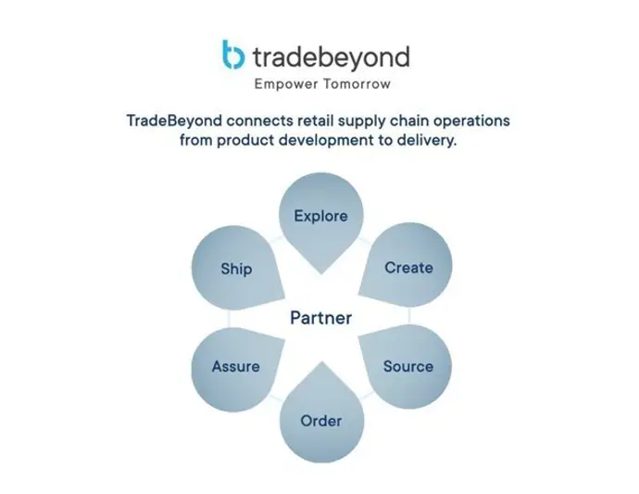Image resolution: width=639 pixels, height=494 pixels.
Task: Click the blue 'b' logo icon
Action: pos(233,55)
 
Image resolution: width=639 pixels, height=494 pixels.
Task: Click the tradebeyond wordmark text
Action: pos(331,57)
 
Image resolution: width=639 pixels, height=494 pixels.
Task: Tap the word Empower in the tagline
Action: pos(286,84)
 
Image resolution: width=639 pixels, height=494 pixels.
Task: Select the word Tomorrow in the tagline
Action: pos(357,84)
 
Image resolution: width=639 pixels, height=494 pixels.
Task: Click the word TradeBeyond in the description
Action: pos(174,120)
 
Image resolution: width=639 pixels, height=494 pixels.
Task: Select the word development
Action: pos(326,140)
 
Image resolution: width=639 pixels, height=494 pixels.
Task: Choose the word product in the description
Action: pos(245,141)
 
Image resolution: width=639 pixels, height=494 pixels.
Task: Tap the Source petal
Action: pos(407,365)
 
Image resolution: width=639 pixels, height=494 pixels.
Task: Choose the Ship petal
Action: pos(236,269)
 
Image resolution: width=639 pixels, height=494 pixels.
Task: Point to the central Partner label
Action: pos(321,318)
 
